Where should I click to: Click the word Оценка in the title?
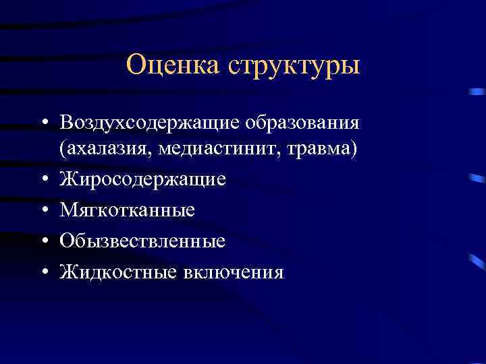[x=173, y=66]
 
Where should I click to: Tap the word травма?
[x=322, y=148]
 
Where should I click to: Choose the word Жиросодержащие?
[x=143, y=179]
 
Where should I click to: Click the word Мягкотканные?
[x=128, y=210]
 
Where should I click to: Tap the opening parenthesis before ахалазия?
[x=63, y=148]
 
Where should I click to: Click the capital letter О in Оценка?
[x=136, y=66]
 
